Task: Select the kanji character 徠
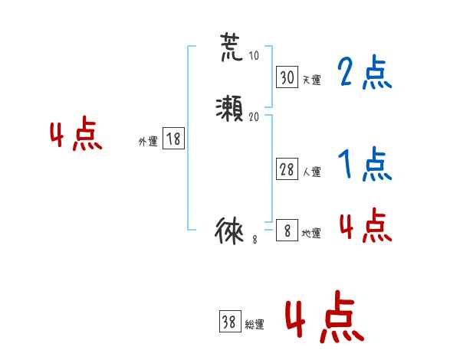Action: tap(231, 231)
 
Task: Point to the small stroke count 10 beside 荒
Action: tap(254, 57)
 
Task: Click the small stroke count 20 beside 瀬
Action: tap(255, 117)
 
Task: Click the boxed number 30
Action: tap(287, 77)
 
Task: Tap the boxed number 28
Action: tap(287, 170)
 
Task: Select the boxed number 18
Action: tap(173, 139)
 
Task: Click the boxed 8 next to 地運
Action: tap(287, 231)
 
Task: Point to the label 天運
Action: tap(311, 80)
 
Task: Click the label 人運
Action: tap(311, 172)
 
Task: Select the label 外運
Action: tap(148, 142)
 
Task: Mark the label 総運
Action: tap(255, 325)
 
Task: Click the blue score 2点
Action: tap(365, 74)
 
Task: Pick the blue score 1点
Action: tap(365, 164)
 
